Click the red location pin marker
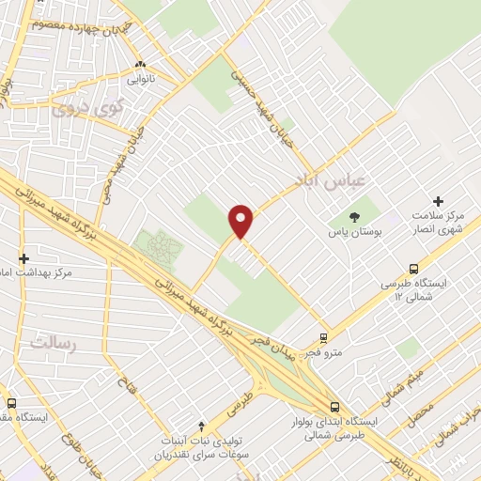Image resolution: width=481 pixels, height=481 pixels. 241,221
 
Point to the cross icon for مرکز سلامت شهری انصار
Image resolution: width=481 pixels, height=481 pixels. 438,201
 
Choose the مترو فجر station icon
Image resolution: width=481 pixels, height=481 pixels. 323,338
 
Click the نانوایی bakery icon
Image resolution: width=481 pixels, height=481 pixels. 140,65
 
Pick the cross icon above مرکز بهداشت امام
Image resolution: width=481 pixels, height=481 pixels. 24,257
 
